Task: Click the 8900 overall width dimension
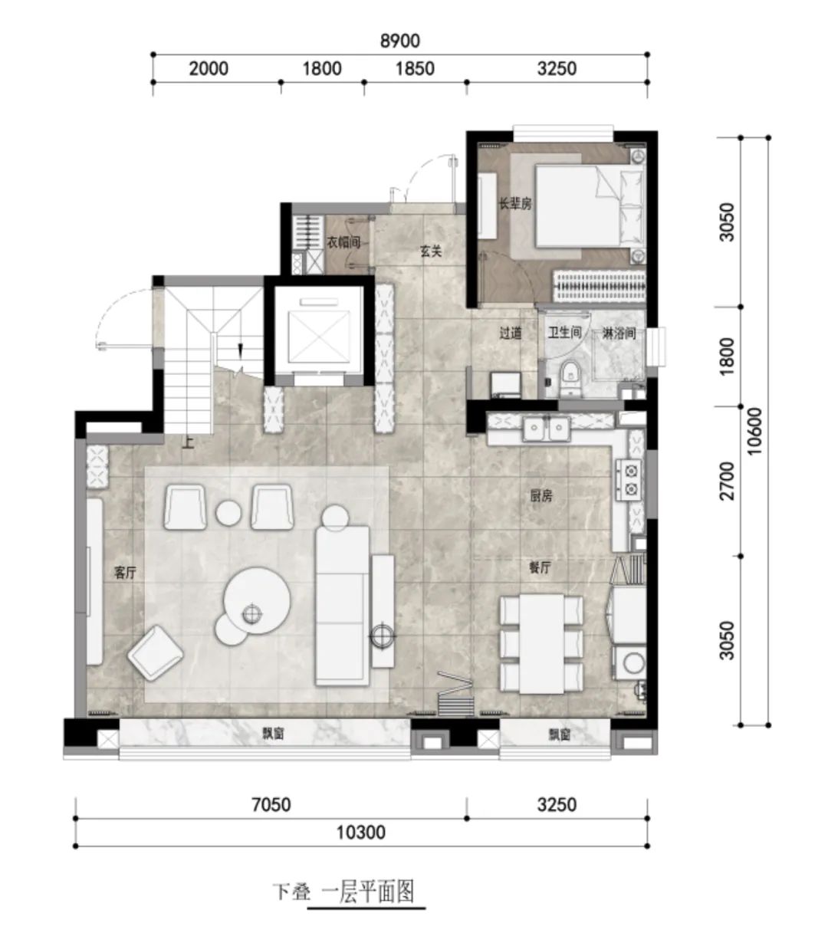click(x=399, y=41)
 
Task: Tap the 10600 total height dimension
click(x=754, y=431)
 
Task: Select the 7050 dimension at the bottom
click(x=271, y=805)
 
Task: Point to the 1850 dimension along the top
click(x=415, y=69)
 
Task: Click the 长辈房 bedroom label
click(x=515, y=204)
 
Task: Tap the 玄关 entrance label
click(x=431, y=251)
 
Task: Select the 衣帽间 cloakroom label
click(x=343, y=242)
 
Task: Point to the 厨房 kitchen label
click(x=541, y=496)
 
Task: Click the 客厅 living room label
click(x=125, y=573)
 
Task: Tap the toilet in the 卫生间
click(x=570, y=378)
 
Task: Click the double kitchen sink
click(x=547, y=429)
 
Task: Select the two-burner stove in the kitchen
click(x=629, y=480)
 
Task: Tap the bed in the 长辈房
click(x=589, y=206)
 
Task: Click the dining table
click(x=541, y=643)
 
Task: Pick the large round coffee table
click(x=257, y=601)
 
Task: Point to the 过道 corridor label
click(x=511, y=334)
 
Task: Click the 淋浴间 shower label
click(x=619, y=334)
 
